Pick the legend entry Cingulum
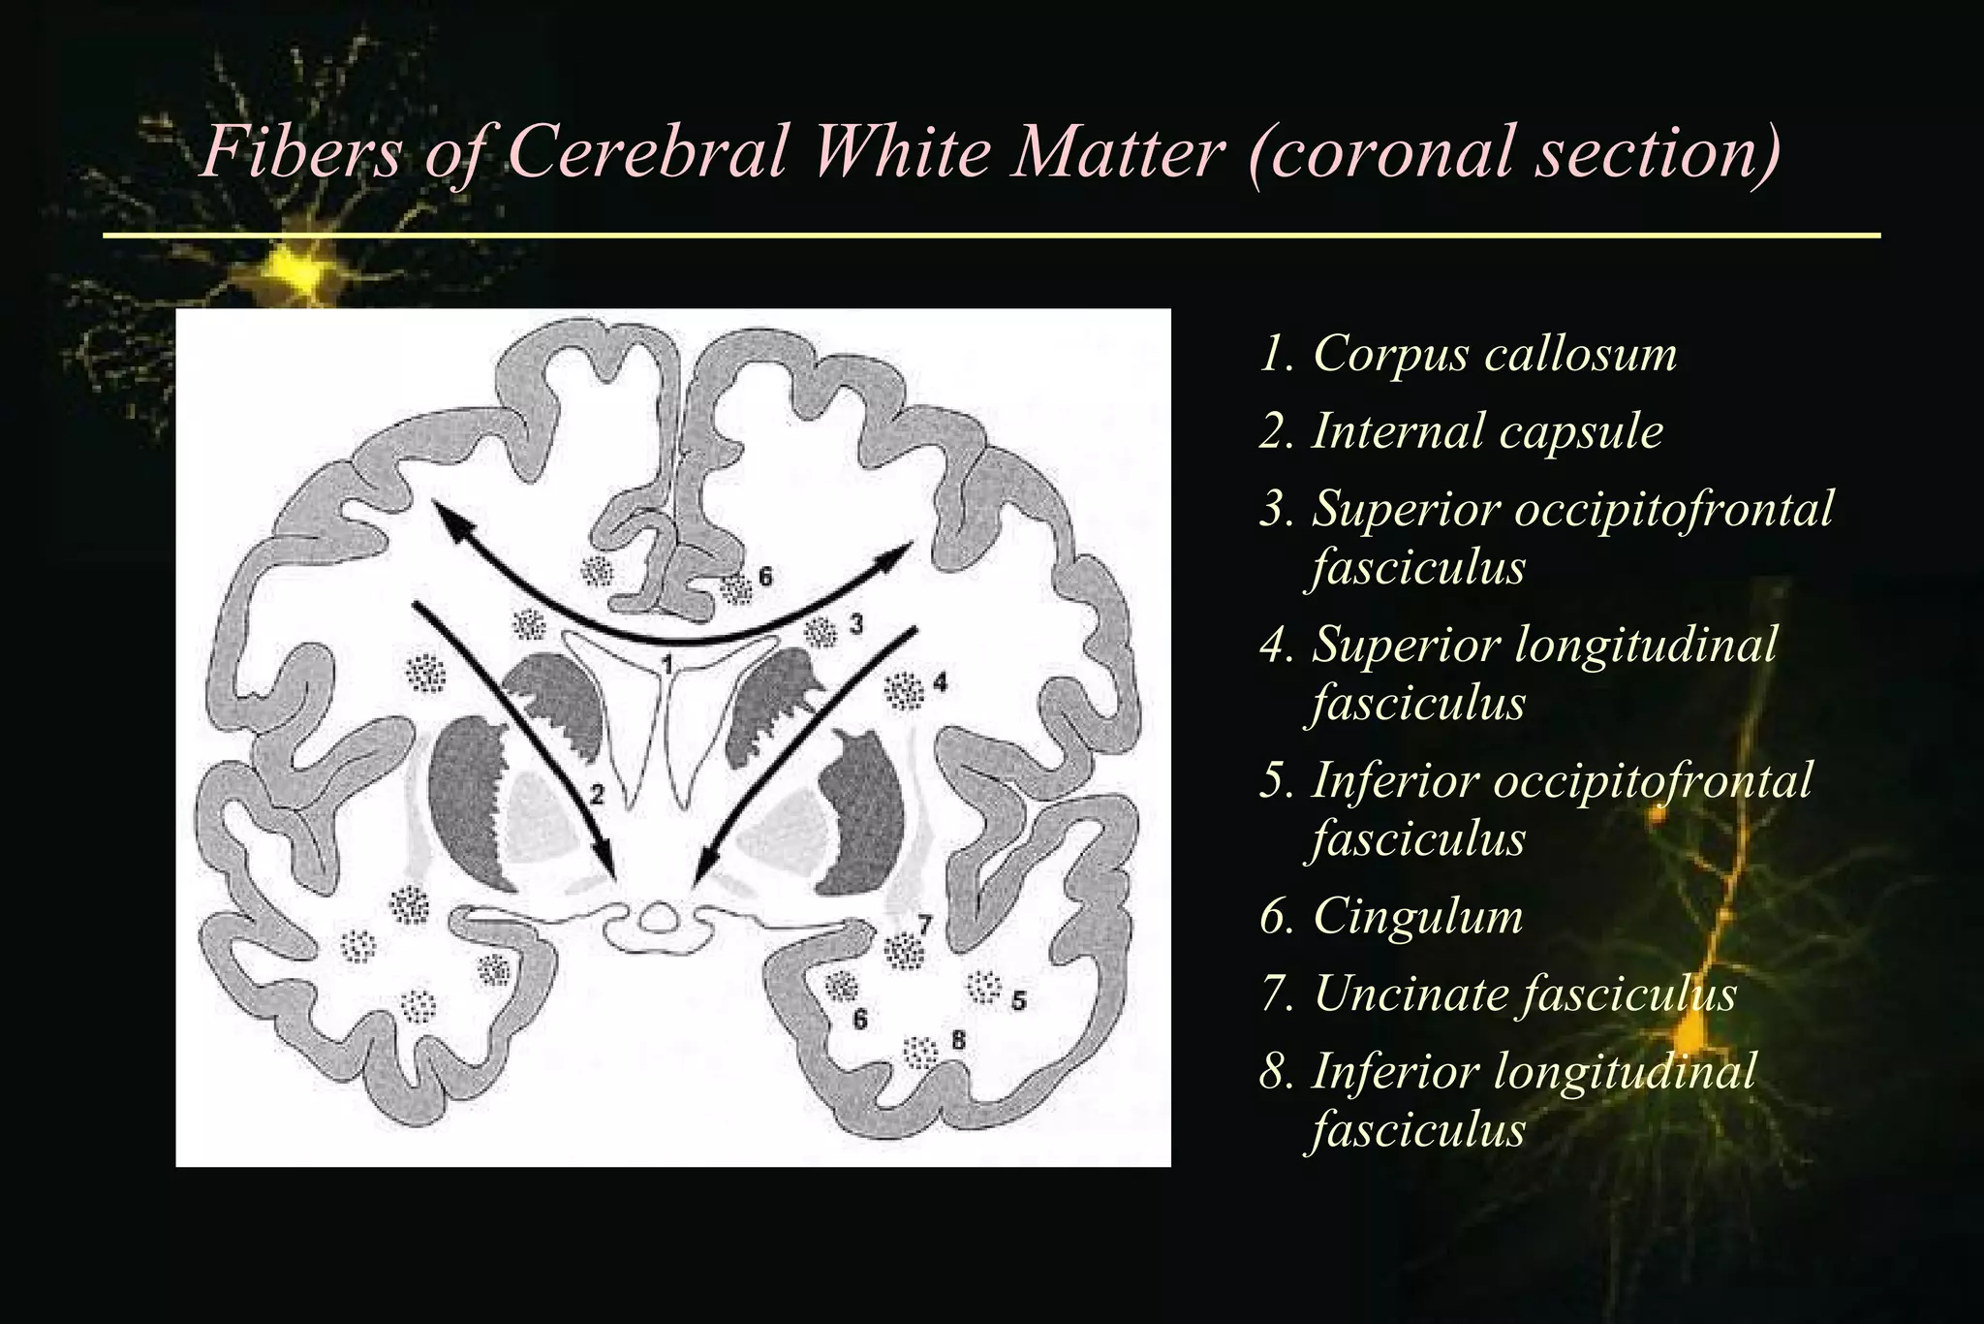click(1417, 916)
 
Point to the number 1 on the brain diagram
click(666, 662)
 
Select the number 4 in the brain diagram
click(940, 684)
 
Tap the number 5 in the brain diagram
click(1018, 1000)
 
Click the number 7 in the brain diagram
click(925, 925)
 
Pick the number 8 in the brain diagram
click(958, 1040)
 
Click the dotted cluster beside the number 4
click(905, 691)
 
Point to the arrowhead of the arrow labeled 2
click(608, 865)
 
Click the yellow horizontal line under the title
click(991, 235)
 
